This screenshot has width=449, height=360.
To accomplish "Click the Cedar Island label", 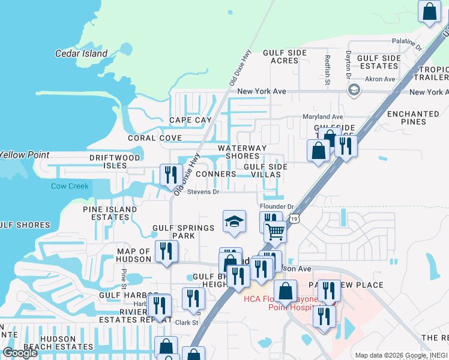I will point(81,53).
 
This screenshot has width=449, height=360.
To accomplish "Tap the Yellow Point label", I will point(24,155).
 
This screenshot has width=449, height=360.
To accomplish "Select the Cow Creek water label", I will point(70,186).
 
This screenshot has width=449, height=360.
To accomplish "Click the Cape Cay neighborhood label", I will point(190,120).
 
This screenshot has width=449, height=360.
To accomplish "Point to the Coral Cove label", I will point(155,138).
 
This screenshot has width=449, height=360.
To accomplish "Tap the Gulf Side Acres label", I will point(285,57).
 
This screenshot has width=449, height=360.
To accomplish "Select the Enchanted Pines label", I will point(413,118).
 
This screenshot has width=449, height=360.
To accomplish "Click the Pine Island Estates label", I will point(110,213).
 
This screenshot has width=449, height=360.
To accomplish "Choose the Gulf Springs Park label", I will point(183,232).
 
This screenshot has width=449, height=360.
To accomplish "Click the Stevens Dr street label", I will point(203,193).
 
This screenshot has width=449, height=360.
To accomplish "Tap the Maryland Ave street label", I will point(323,116).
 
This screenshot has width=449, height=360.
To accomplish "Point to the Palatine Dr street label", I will point(408,43).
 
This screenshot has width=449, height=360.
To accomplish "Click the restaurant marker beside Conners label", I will point(171,175).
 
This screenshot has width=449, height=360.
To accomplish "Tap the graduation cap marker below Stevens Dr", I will point(234,221).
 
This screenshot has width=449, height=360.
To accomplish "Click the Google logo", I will point(20,353).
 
